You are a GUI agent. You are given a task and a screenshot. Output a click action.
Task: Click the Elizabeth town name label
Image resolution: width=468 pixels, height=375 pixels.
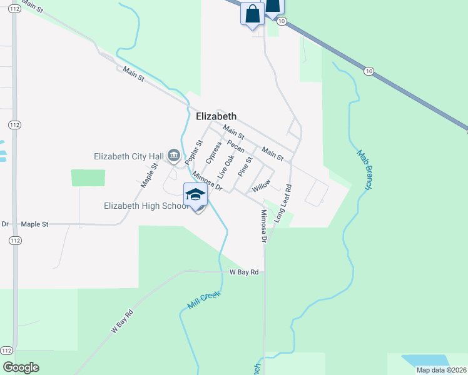[x=216, y=116]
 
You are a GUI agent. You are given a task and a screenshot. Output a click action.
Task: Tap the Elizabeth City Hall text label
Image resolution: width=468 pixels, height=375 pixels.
[x=128, y=156]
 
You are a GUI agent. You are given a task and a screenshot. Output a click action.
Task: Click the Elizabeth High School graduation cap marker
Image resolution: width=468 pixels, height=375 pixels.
[x=195, y=195]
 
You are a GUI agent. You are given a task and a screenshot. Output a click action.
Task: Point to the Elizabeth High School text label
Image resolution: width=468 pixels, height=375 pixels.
[x=145, y=206]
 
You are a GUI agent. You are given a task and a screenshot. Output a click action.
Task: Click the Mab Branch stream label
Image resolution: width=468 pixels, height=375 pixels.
[x=365, y=169]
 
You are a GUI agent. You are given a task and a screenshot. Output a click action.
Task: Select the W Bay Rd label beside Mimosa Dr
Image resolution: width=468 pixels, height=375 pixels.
[x=244, y=272]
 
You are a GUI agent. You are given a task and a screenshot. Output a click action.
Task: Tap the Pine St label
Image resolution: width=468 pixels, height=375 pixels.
[x=245, y=167]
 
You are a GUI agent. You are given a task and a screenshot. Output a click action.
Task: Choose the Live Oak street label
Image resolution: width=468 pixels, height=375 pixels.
[x=225, y=166]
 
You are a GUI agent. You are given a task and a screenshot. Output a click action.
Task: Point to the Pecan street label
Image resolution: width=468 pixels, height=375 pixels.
[x=235, y=146]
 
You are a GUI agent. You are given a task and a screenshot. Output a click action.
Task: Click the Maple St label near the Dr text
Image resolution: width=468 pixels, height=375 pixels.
[x=34, y=224]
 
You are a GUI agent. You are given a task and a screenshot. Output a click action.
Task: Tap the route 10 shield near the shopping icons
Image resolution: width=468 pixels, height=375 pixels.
[x=282, y=21]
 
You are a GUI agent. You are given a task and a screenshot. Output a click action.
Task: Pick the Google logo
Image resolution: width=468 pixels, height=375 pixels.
[x=21, y=367]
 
